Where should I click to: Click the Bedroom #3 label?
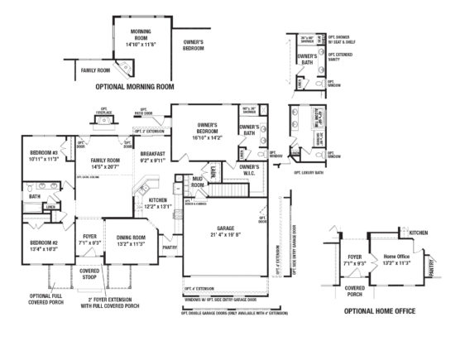click(x=45, y=156)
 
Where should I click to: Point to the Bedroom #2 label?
click(x=45, y=245)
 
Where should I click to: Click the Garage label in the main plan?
click(x=226, y=231)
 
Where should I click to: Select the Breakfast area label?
click(x=152, y=156)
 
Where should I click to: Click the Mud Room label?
click(x=198, y=182)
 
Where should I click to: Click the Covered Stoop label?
click(x=89, y=274)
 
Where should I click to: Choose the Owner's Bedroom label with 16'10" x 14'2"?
click(x=206, y=132)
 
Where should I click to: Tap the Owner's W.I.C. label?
click(x=250, y=170)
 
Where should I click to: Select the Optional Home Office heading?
click(x=379, y=311)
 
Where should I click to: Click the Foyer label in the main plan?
click(x=90, y=241)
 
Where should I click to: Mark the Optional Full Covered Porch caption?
click(x=46, y=299)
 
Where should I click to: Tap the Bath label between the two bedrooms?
click(x=34, y=197)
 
